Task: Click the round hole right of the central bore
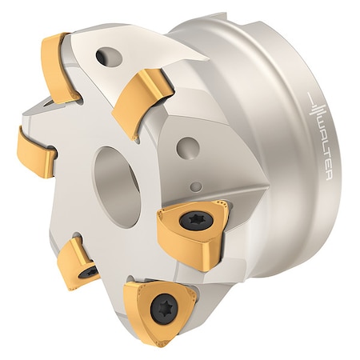[188, 148]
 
